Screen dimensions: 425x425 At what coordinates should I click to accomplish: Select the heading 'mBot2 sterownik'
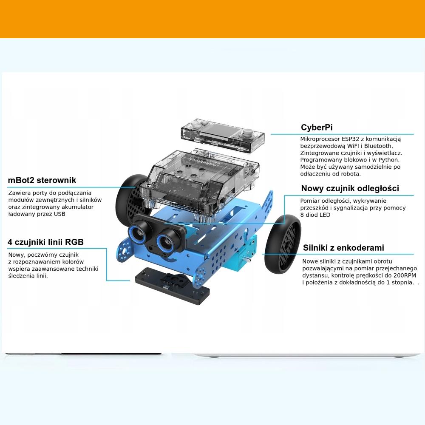pos(42,181)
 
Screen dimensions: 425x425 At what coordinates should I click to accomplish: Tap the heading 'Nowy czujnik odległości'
pos(350,188)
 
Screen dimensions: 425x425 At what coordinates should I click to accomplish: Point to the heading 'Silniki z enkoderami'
pos(343,248)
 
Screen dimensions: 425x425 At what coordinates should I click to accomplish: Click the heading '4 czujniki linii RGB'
pos(45,242)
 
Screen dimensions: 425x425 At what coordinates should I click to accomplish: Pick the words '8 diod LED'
pos(315,215)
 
